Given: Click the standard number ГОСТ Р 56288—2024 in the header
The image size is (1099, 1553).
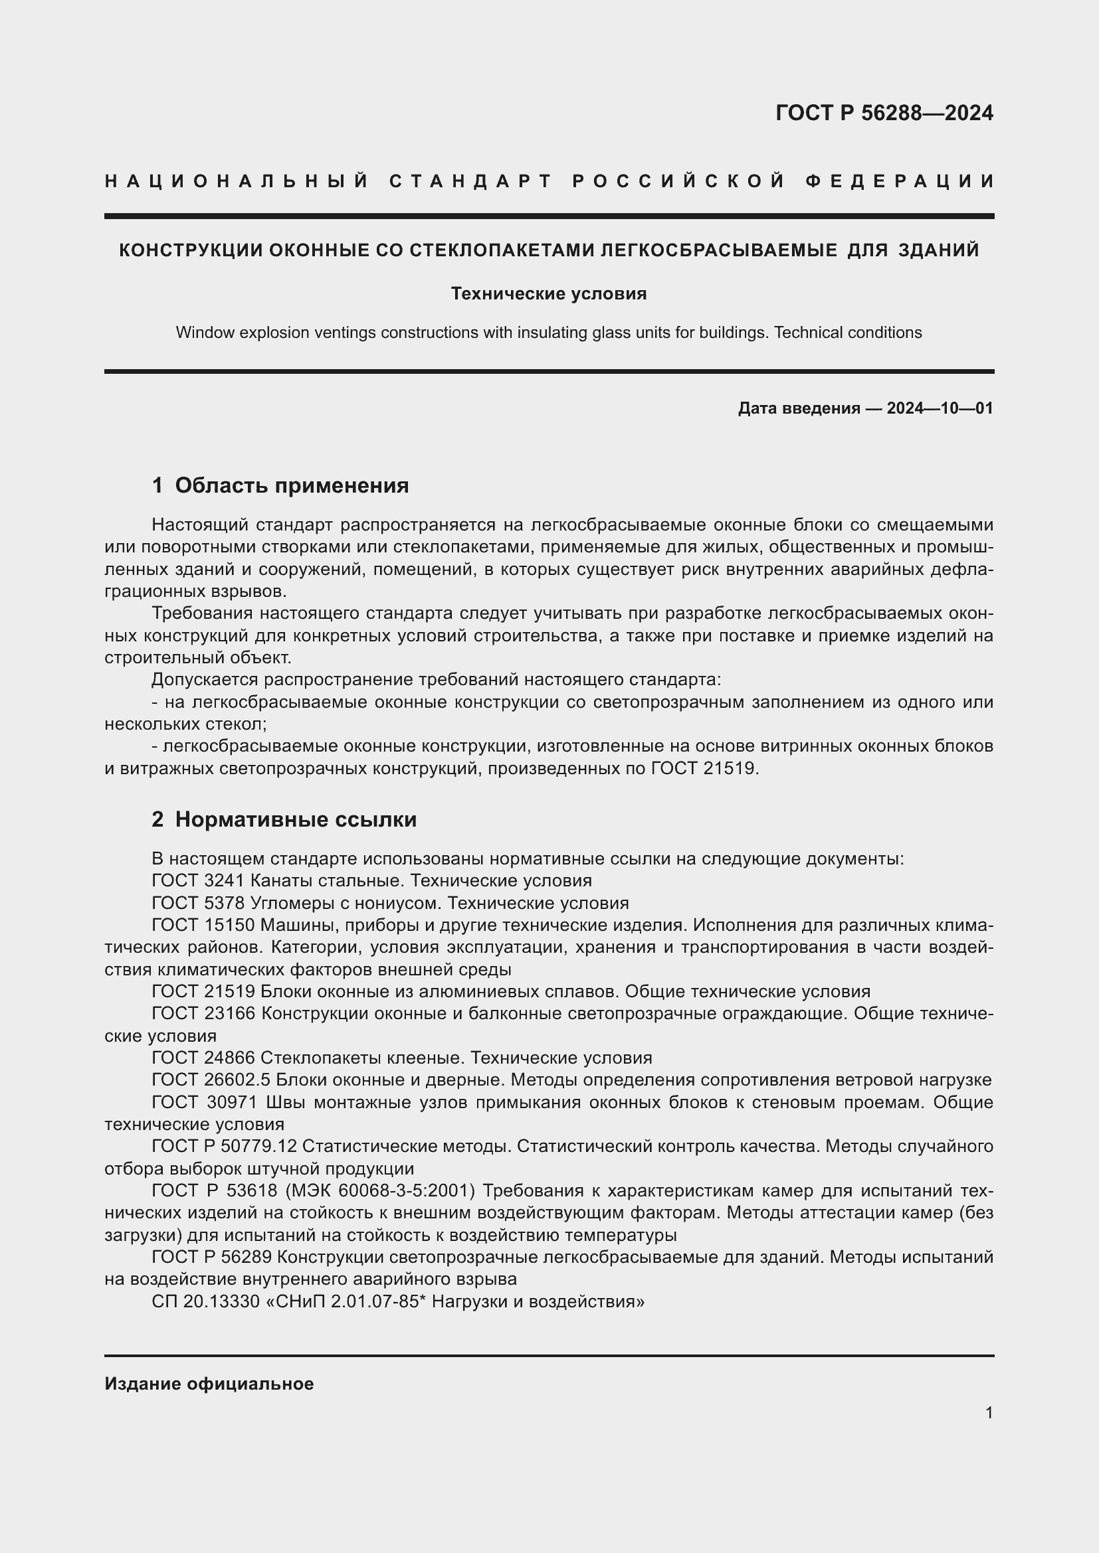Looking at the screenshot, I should (x=884, y=113).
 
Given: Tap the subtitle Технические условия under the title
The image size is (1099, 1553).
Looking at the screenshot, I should (x=549, y=293).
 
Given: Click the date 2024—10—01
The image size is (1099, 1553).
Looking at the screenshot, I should (x=940, y=408).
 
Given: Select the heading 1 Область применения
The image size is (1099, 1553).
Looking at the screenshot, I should (x=280, y=485).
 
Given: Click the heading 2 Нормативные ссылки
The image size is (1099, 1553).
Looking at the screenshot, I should (x=284, y=820).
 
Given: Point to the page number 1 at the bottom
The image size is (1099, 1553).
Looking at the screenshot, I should (x=989, y=1413).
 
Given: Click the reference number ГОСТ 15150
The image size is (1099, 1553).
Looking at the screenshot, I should (x=203, y=926).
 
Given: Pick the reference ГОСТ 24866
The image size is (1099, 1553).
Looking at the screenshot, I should (x=203, y=1058).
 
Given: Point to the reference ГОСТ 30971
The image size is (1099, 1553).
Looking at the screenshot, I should (x=205, y=1103).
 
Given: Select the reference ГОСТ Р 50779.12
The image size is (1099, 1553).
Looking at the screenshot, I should (x=224, y=1147).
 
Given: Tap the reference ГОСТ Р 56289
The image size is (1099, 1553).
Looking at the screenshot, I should (x=212, y=1258).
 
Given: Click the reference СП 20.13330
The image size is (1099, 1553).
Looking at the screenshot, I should (x=206, y=1301).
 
